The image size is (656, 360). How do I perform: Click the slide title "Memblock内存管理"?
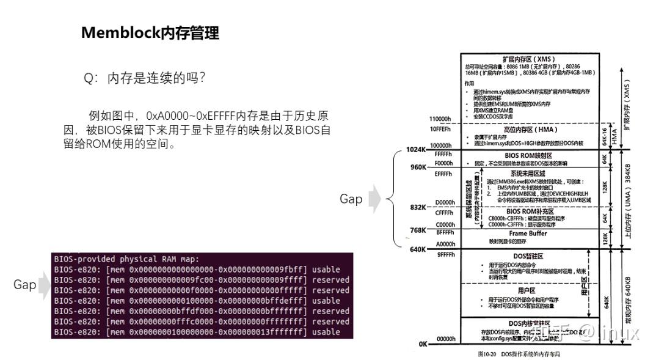click(x=150, y=34)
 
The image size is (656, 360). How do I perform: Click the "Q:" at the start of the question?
click(x=91, y=79)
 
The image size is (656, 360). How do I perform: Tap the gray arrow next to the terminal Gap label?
click(x=45, y=285)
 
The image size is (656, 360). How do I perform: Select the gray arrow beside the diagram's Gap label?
click(x=374, y=199)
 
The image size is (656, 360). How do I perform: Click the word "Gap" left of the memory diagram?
click(x=351, y=199)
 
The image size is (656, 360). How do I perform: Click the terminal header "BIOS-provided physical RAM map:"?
click(x=131, y=259)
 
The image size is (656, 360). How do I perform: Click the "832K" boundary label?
click(x=418, y=208)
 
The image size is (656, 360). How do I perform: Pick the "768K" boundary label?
click(x=418, y=230)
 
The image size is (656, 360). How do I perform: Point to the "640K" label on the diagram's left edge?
click(x=418, y=249)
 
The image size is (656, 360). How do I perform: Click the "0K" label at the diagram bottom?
click(x=423, y=344)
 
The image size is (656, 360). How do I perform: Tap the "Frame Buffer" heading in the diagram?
click(x=528, y=233)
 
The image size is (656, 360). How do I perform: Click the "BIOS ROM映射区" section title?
click(x=529, y=155)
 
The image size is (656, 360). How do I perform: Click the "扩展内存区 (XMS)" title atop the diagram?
click(x=529, y=59)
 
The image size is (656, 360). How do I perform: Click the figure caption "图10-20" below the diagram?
click(x=487, y=354)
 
